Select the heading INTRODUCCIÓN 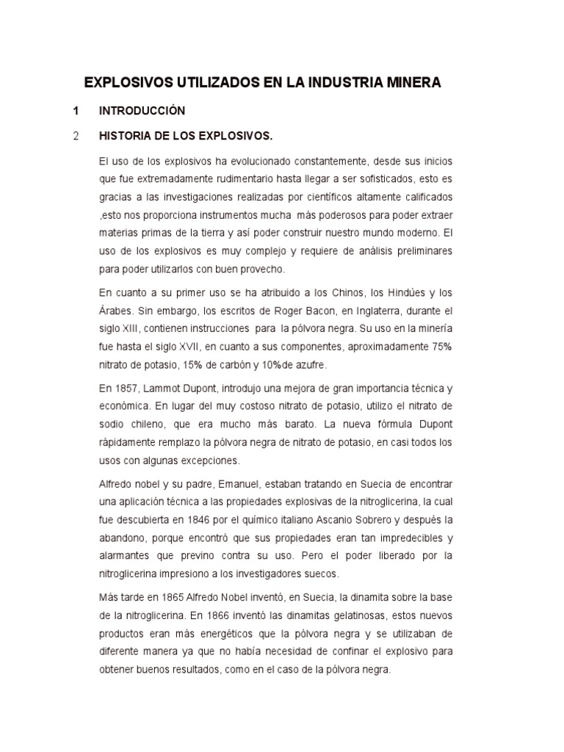pos(142,112)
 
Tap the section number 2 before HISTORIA pos(76,136)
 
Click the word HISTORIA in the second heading pos(129,136)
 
